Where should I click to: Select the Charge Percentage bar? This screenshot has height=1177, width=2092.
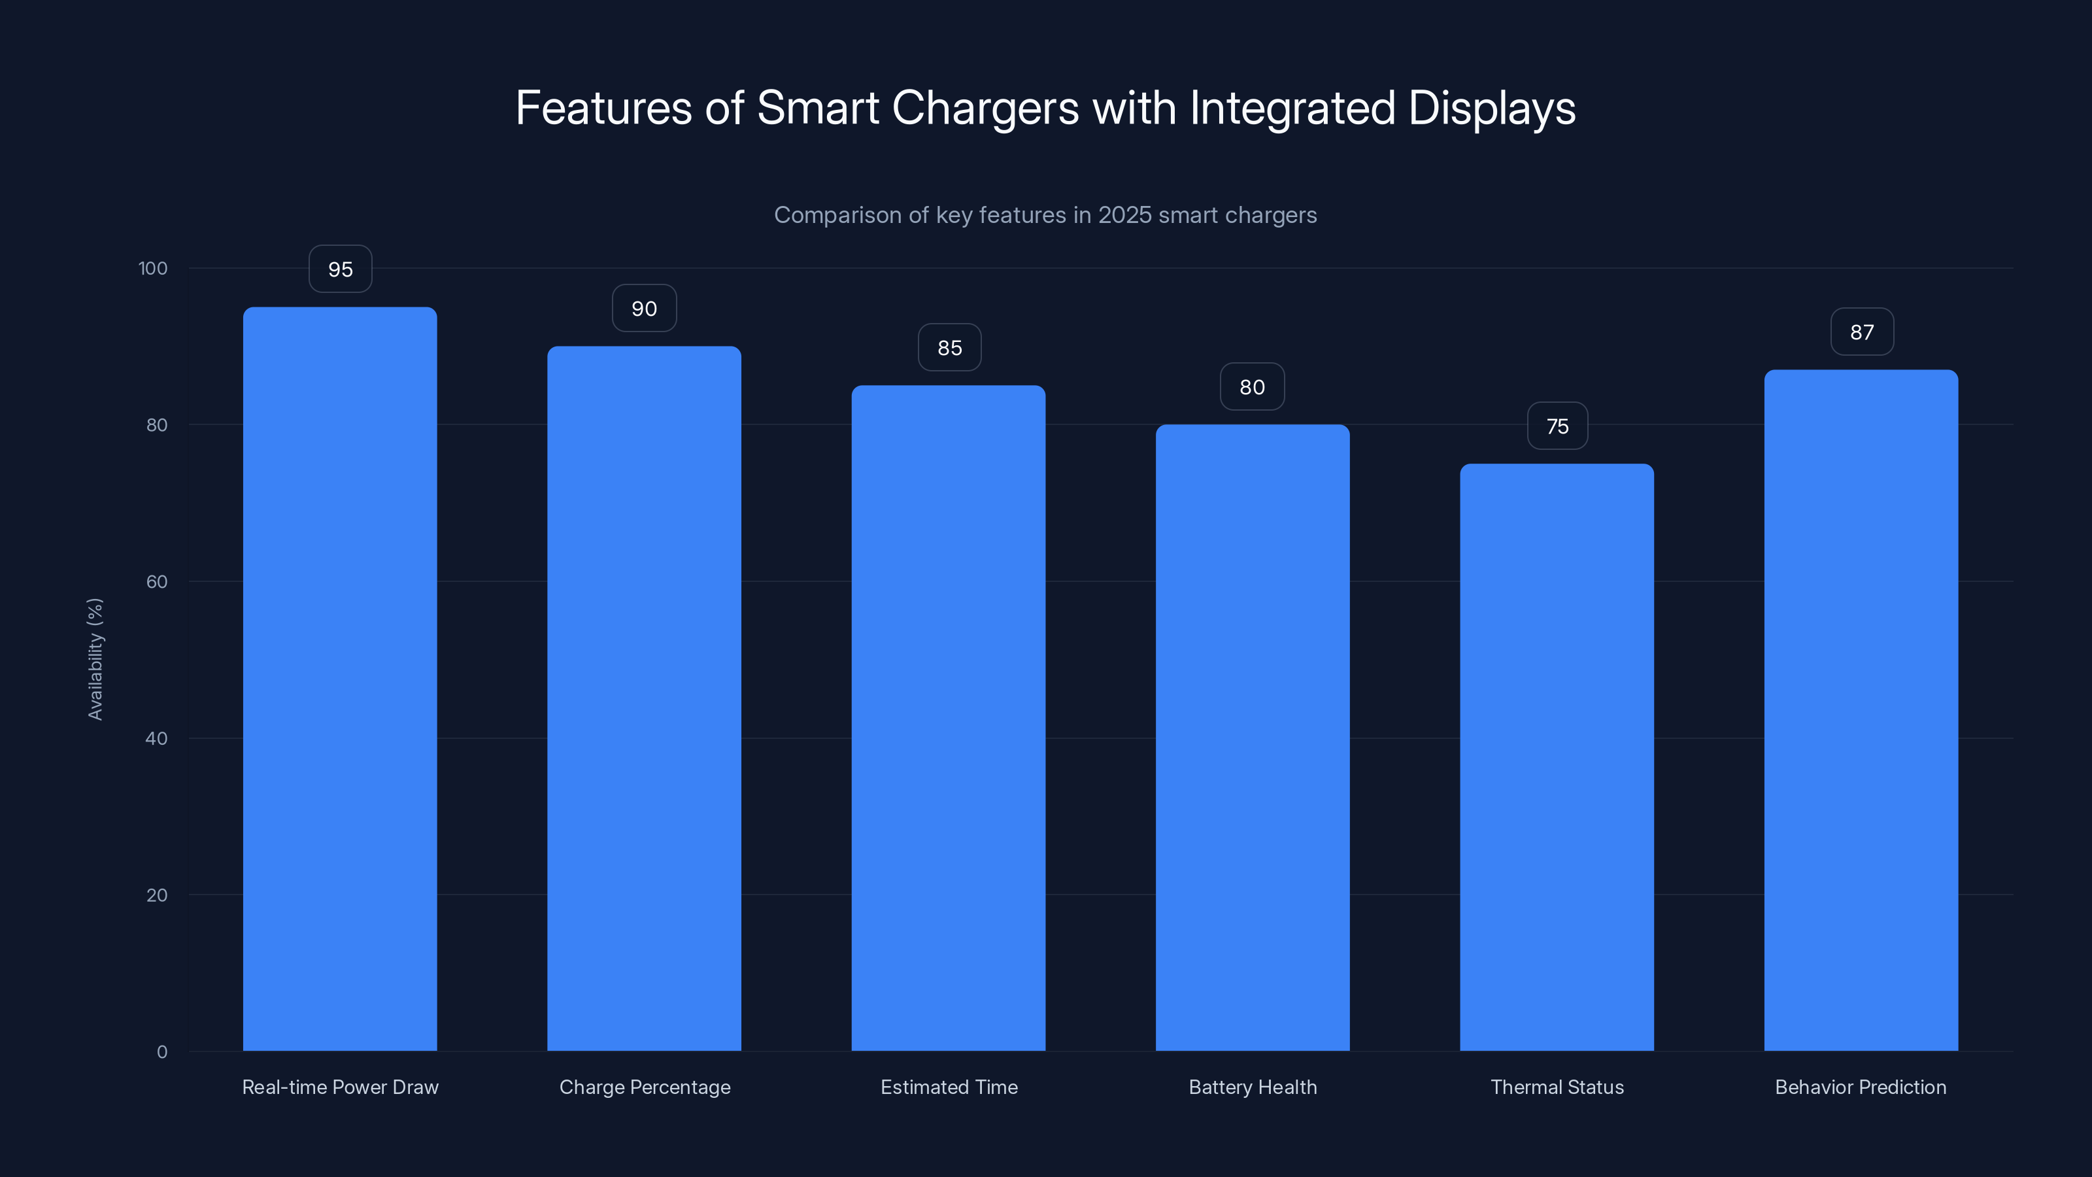tap(644, 698)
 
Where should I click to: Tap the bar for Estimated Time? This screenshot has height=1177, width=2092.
tap(948, 718)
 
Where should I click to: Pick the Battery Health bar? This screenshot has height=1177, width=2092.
tap(1253, 738)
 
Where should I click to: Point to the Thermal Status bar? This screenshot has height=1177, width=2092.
tap(1557, 757)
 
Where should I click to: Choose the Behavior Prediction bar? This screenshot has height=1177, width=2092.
tap(1861, 710)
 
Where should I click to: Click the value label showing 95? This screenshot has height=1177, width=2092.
tap(340, 269)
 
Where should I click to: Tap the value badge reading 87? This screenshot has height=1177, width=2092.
tap(1861, 332)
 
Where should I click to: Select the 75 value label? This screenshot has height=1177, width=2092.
tap(1557, 426)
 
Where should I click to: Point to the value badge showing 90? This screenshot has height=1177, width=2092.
tap(644, 308)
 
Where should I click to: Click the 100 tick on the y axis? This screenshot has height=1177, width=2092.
tap(153, 268)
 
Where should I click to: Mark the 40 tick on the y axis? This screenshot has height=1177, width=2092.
tap(156, 738)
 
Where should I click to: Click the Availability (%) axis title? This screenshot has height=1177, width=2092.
tap(95, 658)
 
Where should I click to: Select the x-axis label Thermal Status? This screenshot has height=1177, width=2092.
tap(1557, 1087)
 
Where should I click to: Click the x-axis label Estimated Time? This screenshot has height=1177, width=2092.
tap(949, 1087)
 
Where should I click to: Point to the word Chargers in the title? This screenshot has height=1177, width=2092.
tap(985, 108)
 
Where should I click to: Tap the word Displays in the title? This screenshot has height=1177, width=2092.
tap(1491, 108)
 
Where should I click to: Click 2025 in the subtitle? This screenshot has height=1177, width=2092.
tap(1124, 214)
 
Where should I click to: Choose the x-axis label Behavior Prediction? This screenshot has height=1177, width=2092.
tap(1861, 1087)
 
